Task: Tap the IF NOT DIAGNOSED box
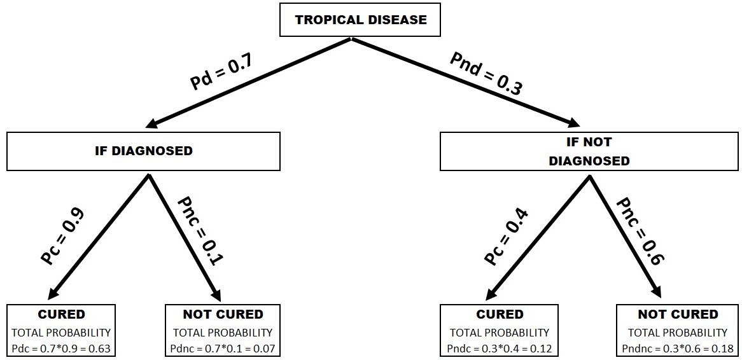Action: tap(589, 151)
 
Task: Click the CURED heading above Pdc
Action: tap(61, 314)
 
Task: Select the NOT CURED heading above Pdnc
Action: tap(222, 314)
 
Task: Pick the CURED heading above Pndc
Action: tap(499, 314)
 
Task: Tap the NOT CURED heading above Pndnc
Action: tap(677, 314)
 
